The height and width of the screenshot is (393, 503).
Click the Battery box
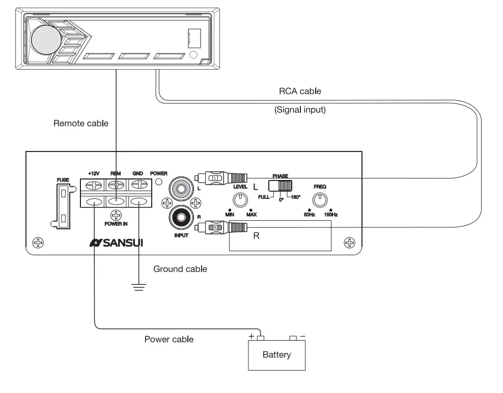point(276,355)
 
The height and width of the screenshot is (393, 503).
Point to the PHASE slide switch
point(281,186)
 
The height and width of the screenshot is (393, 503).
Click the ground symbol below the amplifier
point(139,286)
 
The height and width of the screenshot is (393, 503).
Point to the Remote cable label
point(81,124)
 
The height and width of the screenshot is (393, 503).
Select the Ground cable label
point(180,269)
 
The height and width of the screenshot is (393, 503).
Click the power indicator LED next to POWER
point(159,182)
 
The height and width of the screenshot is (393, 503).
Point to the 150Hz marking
point(331,215)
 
